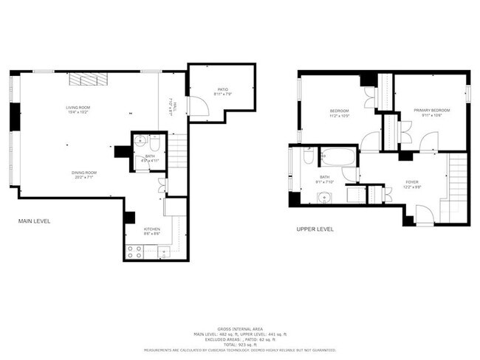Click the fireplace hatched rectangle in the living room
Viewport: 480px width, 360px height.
click(x=89, y=80)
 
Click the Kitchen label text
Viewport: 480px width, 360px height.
click(x=152, y=229)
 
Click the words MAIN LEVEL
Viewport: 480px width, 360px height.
click(x=34, y=221)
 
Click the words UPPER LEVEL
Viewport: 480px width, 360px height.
click(x=315, y=229)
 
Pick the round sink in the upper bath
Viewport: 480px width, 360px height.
click(x=323, y=197)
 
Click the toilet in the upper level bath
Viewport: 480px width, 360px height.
click(x=308, y=156)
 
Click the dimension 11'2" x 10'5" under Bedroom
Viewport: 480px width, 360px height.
click(x=339, y=116)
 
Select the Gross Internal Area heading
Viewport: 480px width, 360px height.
click(x=239, y=328)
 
